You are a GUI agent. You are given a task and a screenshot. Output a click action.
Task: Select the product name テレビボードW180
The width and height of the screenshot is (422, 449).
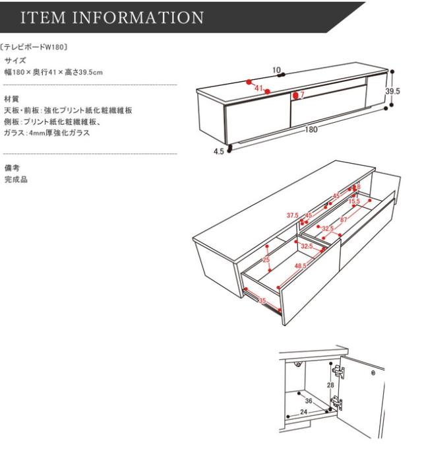pos(40,48)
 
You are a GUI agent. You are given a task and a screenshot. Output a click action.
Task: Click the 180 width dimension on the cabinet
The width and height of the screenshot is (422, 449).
pos(311,130)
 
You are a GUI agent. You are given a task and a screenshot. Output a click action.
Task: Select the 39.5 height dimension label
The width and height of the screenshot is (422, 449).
pos(393,92)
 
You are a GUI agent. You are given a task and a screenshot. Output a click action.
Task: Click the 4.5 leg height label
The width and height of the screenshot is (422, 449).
pos(219,151)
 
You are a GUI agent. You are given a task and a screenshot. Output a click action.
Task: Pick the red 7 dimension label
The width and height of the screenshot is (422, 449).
pos(301,95)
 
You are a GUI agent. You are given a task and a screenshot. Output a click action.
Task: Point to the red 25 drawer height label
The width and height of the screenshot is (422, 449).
pos(266,260)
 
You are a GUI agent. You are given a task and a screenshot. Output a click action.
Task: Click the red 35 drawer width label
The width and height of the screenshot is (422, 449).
pos(262,301)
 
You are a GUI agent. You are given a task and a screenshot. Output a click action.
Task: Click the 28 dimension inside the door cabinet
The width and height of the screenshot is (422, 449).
pos(331,385)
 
